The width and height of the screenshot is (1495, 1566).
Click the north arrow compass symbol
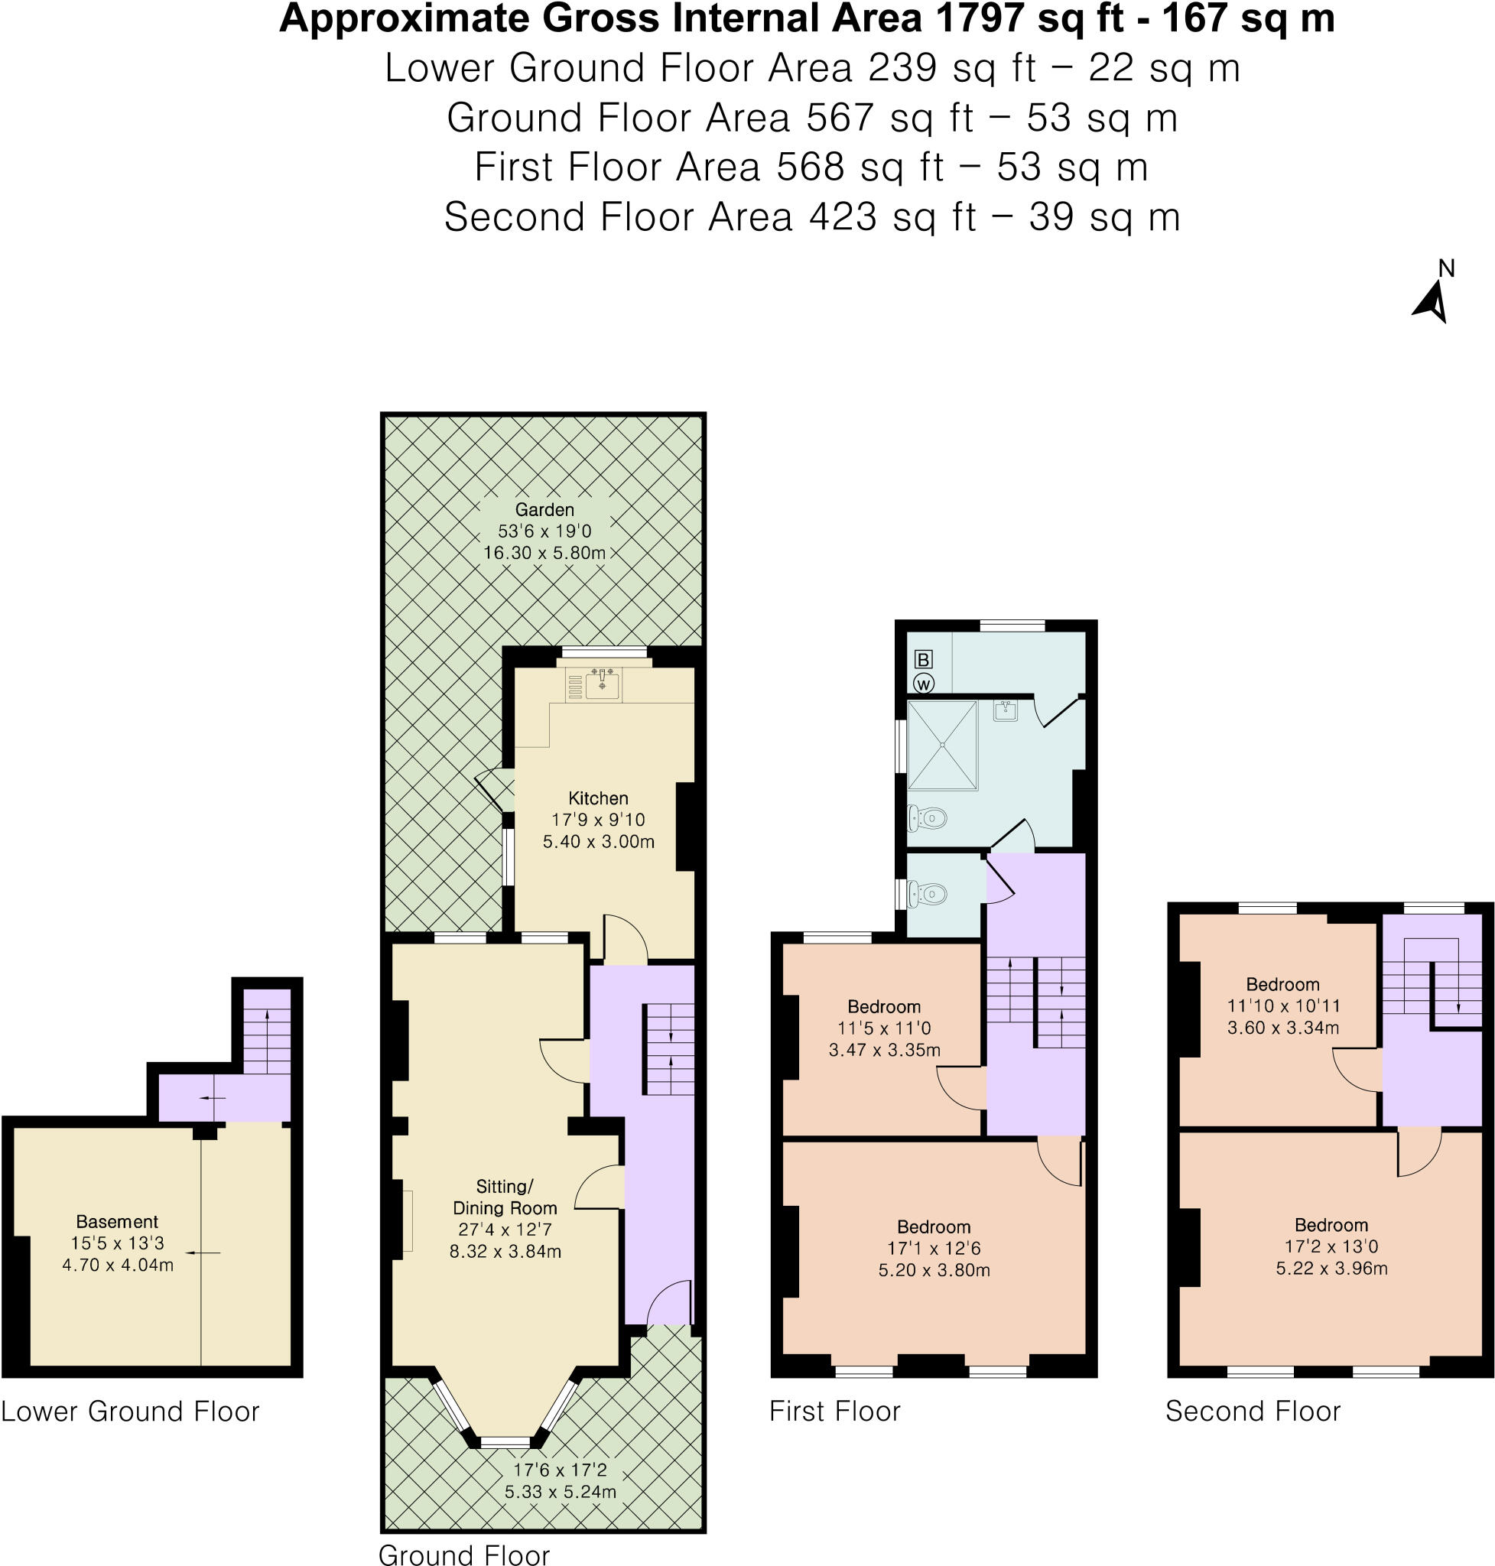[1432, 304]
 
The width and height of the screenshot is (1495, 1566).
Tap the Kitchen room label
[598, 798]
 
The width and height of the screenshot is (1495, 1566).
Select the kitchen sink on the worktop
[602, 684]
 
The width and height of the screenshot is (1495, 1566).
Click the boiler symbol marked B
[923, 659]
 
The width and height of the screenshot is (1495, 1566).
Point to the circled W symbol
[924, 684]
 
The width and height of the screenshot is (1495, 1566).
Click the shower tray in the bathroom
[942, 745]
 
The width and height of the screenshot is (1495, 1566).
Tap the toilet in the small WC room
[928, 894]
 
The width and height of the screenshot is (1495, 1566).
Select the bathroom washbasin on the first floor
[1006, 710]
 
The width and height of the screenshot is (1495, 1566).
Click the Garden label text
[544, 509]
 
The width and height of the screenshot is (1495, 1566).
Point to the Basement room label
[117, 1222]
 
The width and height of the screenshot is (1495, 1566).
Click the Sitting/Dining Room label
[505, 1197]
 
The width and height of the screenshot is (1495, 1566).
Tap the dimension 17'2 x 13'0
[1331, 1246]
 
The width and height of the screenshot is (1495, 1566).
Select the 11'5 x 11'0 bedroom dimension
[884, 1028]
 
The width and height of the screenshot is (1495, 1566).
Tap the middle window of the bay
[505, 1441]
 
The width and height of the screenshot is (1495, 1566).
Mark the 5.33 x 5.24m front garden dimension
[561, 1492]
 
